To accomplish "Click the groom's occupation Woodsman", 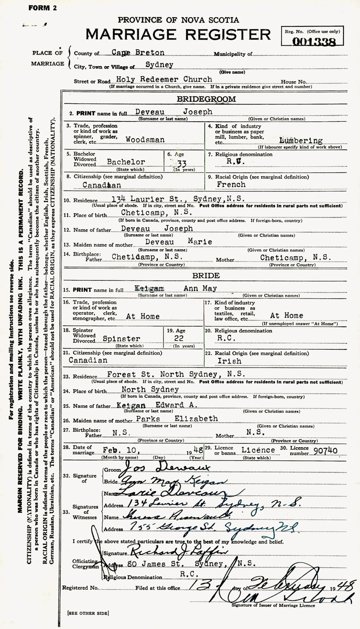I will click(141, 140).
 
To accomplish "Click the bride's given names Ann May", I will click(200, 288).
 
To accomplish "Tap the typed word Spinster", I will click(121, 339).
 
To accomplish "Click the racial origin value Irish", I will click(230, 361).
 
